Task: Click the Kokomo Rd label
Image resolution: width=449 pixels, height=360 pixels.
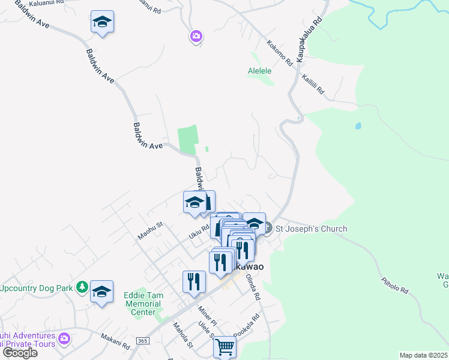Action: tap(279, 53)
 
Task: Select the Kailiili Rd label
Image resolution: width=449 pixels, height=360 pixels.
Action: tap(313, 85)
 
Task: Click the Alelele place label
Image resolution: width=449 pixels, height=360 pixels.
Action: tap(260, 71)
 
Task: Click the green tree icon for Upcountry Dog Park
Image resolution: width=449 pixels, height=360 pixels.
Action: tap(82, 287)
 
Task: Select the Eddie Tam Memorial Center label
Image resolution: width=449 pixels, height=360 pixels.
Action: tap(139, 304)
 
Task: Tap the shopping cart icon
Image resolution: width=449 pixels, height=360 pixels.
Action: tap(224, 346)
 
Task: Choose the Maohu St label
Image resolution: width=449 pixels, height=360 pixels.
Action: tap(151, 230)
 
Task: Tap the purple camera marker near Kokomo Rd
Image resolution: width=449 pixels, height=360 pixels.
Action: tap(196, 37)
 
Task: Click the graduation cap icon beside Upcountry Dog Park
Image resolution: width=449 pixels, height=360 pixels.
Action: tap(102, 292)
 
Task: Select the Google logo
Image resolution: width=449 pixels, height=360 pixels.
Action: tap(20, 353)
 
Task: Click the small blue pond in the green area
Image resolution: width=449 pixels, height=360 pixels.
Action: tap(358, 127)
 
